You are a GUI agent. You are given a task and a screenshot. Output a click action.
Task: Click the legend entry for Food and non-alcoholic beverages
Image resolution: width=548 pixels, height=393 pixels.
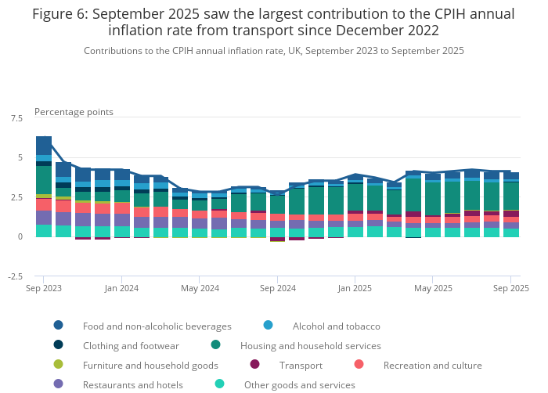pyautogui.click(x=157, y=326)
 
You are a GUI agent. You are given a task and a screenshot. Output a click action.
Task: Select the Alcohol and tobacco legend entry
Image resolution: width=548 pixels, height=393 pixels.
pyautogui.click(x=336, y=326)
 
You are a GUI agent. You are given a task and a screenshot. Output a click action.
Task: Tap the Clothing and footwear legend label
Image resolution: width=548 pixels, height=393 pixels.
pyautogui.click(x=131, y=345)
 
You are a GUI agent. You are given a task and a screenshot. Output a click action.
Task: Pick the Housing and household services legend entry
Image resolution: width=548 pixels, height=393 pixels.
pyautogui.click(x=310, y=345)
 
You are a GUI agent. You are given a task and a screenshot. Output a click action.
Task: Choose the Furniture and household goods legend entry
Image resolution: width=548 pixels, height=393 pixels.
pyautogui.click(x=150, y=365)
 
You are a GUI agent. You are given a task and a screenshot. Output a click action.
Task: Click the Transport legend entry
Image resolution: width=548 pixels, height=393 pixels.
pyautogui.click(x=301, y=365)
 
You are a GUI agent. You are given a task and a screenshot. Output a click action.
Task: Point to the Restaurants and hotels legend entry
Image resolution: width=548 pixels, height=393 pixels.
pyautogui.click(x=132, y=384)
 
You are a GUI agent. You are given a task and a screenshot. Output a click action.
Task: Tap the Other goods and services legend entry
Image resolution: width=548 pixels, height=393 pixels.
pyautogui.click(x=299, y=384)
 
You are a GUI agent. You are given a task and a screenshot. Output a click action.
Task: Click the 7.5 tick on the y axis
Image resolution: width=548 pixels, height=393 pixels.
pyautogui.click(x=16, y=118)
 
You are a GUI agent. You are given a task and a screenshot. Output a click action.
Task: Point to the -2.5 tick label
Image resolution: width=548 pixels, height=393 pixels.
pyautogui.click(x=15, y=276)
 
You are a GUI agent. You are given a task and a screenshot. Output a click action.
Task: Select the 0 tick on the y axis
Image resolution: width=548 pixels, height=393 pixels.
pyautogui.click(x=20, y=236)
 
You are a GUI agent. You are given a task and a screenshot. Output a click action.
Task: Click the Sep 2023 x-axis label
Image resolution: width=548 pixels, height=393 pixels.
pyautogui.click(x=44, y=288)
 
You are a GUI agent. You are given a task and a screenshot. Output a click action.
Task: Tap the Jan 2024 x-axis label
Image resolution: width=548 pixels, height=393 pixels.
pyautogui.click(x=121, y=288)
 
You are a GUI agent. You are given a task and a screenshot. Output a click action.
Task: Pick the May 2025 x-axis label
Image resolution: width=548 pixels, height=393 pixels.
pyautogui.click(x=433, y=288)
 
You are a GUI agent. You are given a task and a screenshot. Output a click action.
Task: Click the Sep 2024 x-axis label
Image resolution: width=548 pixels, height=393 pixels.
pyautogui.click(x=277, y=288)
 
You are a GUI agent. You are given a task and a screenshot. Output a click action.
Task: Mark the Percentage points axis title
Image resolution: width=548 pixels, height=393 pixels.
pyautogui.click(x=74, y=112)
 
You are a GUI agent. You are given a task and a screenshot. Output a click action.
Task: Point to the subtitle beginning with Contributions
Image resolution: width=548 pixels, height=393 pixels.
pyautogui.click(x=274, y=50)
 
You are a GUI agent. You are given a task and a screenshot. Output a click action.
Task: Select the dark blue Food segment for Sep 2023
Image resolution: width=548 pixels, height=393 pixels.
pyautogui.click(x=44, y=146)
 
